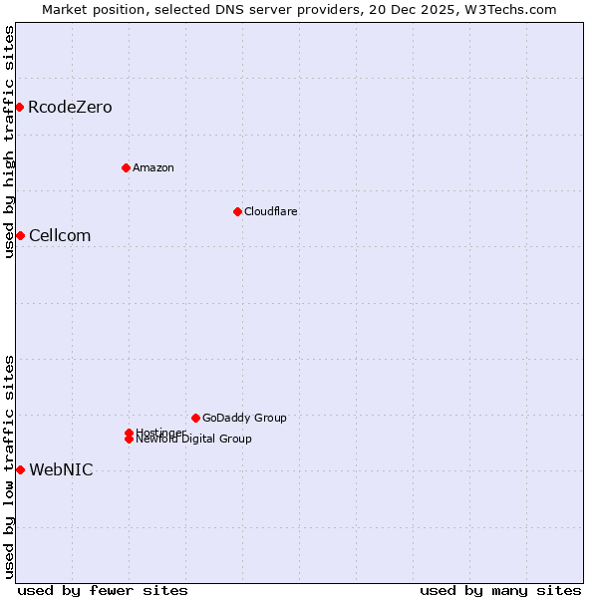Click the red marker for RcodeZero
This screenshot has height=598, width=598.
pyautogui.click(x=19, y=107)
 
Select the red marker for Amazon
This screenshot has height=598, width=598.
pyautogui.click(x=126, y=167)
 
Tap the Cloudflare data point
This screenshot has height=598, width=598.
pyautogui.click(x=237, y=211)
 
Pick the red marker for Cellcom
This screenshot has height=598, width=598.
pyautogui.click(x=20, y=235)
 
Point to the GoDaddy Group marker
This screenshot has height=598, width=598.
pyautogui.click(x=195, y=418)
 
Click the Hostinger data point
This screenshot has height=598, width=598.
pyautogui.click(x=130, y=433)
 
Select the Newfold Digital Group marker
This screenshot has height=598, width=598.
pyautogui.click(x=130, y=440)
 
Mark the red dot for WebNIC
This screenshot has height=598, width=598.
pyautogui.click(x=20, y=469)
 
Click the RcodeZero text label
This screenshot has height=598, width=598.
pyautogui.click(x=70, y=107)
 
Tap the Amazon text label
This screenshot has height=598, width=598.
pyautogui.click(x=153, y=167)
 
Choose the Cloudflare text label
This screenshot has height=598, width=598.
pyautogui.click(x=271, y=211)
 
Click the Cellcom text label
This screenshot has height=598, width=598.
pyautogui.click(x=60, y=235)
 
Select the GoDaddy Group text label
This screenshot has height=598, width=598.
pyautogui.click(x=244, y=418)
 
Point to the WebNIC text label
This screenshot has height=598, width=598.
pyautogui.click(x=61, y=469)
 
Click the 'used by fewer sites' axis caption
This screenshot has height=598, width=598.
pyautogui.click(x=103, y=590)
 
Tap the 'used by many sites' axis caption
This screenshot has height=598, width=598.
pyautogui.click(x=500, y=590)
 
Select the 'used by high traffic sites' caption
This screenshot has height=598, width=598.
pyautogui.click(x=9, y=142)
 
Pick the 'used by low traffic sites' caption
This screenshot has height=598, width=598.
pyautogui.click(x=9, y=465)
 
